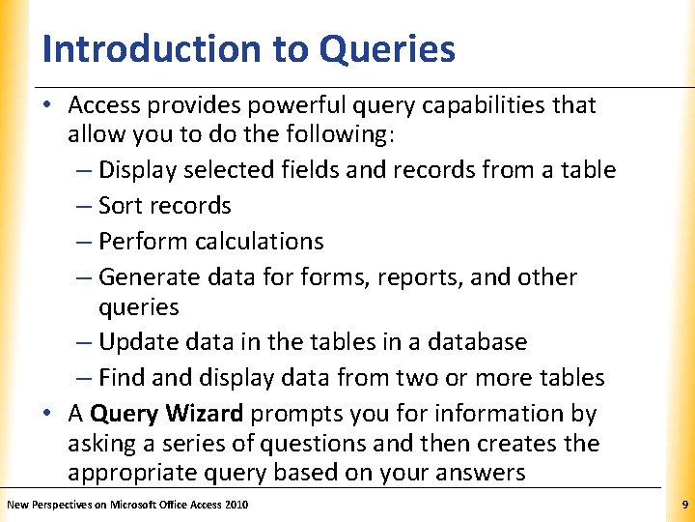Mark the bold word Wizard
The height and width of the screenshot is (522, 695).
pyautogui.click(x=204, y=414)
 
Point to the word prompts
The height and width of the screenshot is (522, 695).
pyautogui.click(x=292, y=414)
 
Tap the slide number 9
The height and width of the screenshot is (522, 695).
pyautogui.click(x=683, y=505)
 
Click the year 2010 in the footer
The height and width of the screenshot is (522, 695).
pyautogui.click(x=236, y=506)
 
